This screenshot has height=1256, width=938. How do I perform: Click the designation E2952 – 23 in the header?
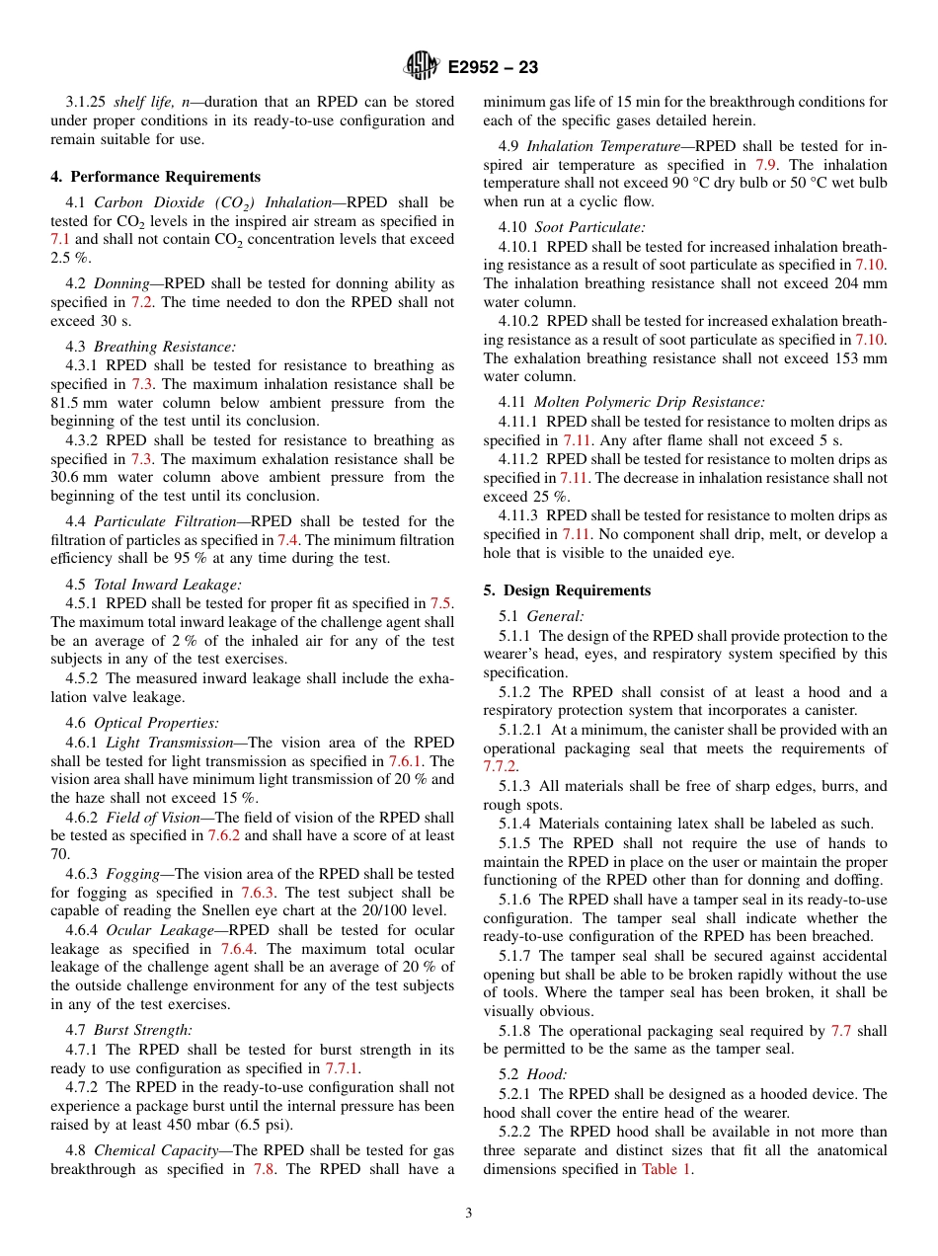click(493, 68)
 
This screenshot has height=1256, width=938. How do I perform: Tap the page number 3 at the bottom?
click(469, 1213)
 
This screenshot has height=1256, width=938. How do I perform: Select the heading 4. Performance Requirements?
click(155, 177)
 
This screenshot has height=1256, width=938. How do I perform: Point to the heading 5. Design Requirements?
click(567, 590)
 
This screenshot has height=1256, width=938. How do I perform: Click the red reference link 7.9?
click(765, 165)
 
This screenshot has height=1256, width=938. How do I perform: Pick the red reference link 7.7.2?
click(500, 767)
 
